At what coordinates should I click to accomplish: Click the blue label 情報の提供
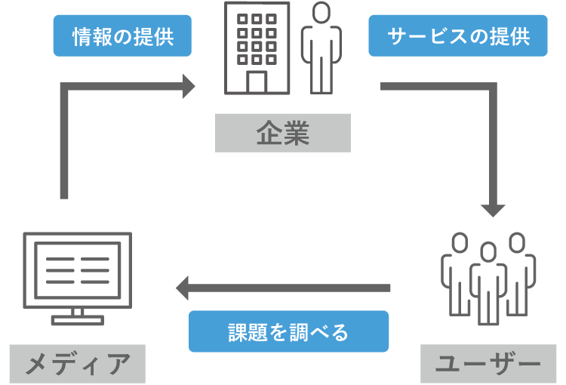click(x=122, y=36)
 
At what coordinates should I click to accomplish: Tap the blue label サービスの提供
click(x=457, y=36)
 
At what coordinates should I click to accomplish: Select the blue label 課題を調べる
click(x=288, y=331)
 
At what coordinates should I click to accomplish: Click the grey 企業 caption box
click(x=283, y=133)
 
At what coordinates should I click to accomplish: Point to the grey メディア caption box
click(x=77, y=364)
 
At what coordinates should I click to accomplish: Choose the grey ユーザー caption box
click(x=488, y=364)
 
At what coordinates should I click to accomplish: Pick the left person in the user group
click(x=456, y=272)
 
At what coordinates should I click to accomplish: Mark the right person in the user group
click(x=519, y=272)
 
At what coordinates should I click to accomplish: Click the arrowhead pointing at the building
click(x=188, y=85)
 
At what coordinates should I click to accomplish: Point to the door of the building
click(x=257, y=82)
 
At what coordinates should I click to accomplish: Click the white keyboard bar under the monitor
click(x=77, y=321)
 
